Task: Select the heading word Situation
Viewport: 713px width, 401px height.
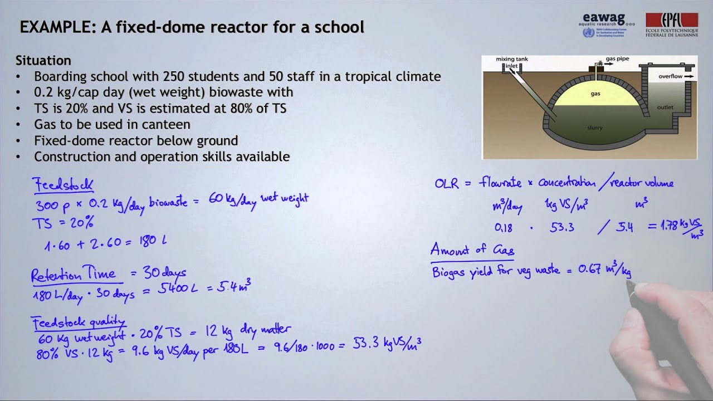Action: (x=43, y=60)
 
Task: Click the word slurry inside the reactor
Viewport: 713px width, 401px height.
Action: (x=595, y=128)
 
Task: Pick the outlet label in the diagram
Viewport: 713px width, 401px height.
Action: (x=665, y=107)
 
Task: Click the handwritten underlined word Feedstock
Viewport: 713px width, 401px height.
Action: (x=62, y=185)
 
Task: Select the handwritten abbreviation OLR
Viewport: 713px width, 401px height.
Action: (x=447, y=183)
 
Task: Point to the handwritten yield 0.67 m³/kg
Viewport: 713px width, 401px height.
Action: (x=604, y=271)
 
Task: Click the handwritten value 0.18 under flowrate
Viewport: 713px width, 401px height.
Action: (x=504, y=227)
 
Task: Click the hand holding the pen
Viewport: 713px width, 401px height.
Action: (x=668, y=329)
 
